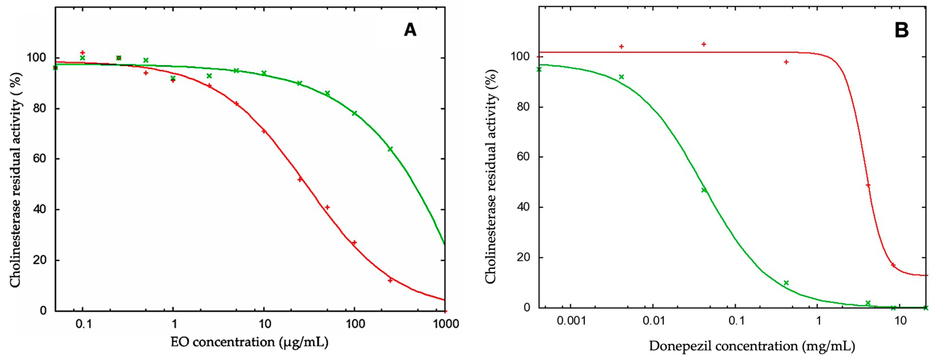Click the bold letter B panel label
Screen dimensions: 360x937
coord(901,30)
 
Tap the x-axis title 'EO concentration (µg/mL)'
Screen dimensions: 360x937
coord(249,342)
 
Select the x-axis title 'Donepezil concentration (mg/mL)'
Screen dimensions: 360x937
coord(752,346)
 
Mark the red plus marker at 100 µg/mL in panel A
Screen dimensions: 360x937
coord(354,243)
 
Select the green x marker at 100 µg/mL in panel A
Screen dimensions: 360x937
coord(354,113)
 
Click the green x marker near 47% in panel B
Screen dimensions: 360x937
coord(704,190)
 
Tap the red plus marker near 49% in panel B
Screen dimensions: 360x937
coord(868,185)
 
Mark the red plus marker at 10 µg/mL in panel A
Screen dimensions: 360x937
coord(264,131)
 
